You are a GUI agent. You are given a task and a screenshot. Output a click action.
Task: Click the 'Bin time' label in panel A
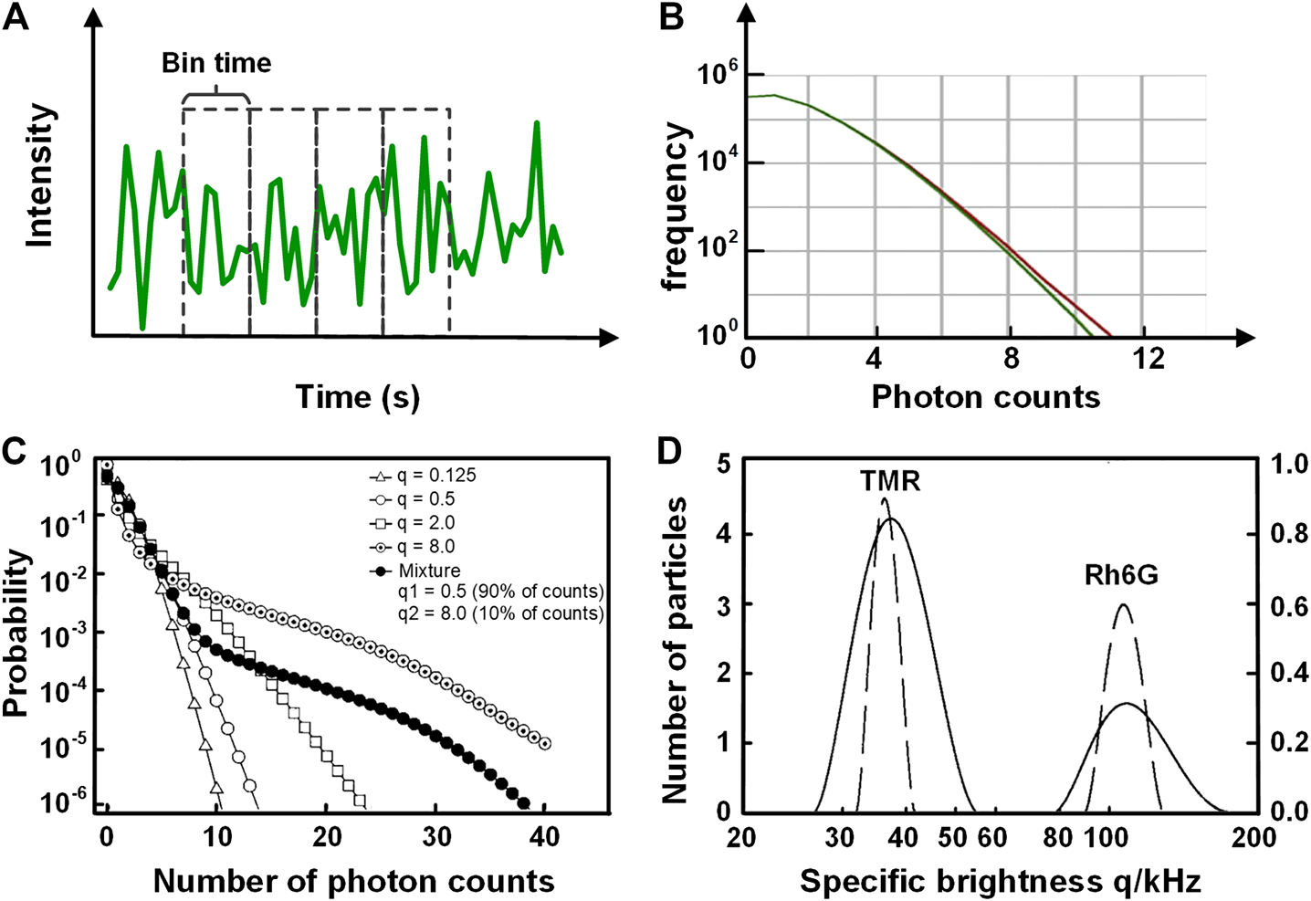216,63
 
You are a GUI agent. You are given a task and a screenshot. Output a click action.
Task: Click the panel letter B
671,16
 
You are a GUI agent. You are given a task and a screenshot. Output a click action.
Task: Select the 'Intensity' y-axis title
40,175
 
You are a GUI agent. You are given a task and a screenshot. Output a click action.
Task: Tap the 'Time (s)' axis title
357,397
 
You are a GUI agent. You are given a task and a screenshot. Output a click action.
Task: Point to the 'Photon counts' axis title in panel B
985,397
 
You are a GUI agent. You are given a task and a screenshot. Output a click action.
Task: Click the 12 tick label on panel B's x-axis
1148,359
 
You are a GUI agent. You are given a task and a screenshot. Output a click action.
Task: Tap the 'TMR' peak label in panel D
889,481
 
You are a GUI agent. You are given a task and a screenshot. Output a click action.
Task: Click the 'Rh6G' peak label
1121,575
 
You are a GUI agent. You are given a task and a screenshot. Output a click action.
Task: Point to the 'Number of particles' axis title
675,650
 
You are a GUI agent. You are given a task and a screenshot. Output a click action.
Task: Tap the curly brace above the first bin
215,94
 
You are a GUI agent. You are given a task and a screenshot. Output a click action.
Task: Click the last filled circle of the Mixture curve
523,803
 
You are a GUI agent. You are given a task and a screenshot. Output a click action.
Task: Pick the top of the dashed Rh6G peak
1123,605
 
